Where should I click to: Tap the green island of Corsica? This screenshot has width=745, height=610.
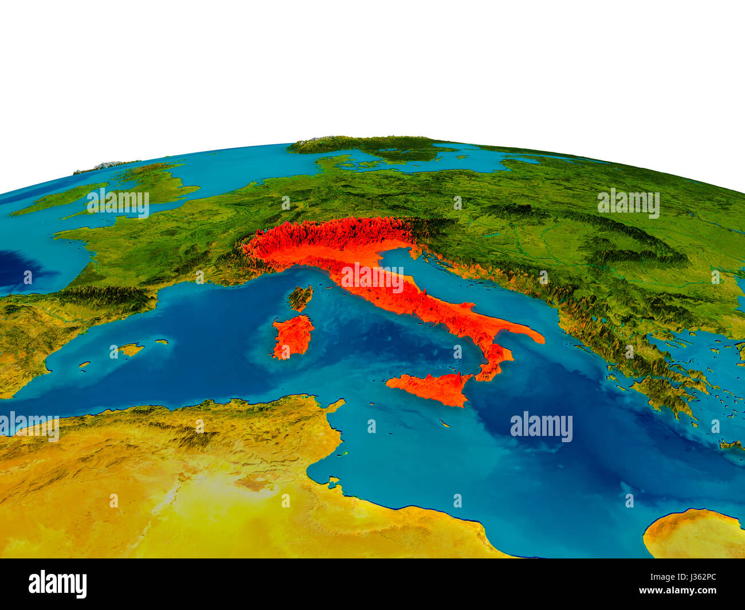[300, 298]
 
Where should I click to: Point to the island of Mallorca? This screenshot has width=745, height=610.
[130, 349]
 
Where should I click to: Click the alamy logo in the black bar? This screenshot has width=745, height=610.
[57, 584]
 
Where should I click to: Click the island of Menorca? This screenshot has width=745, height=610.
[162, 342]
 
